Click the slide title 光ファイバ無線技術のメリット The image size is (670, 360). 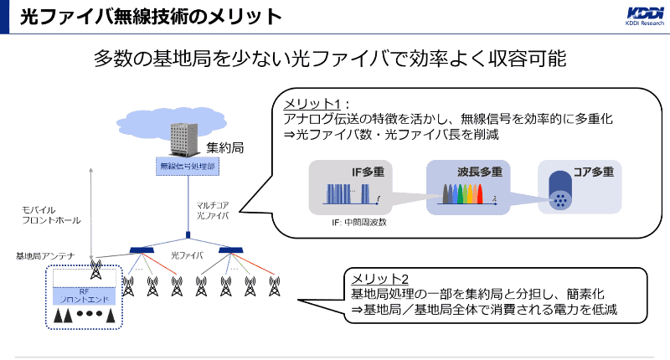151,17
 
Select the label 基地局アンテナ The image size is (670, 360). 45,255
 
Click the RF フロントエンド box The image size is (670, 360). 84,295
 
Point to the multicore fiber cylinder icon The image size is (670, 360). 559,192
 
